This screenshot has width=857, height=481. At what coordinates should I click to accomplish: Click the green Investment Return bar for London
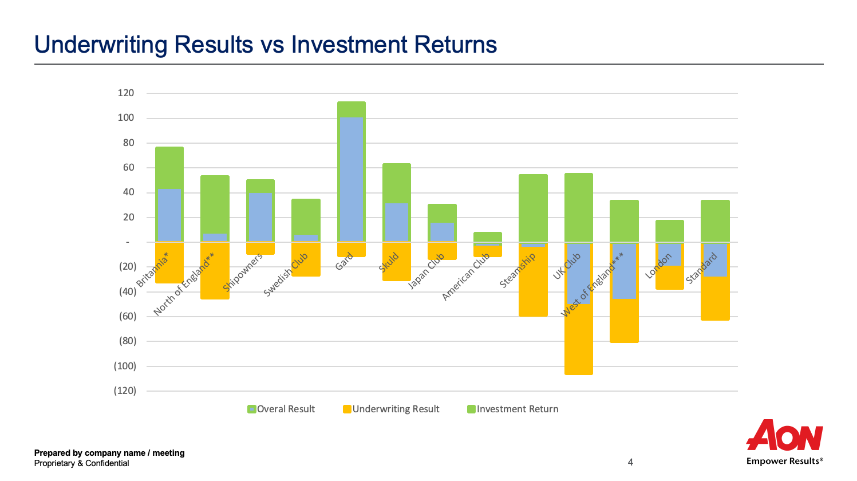coord(669,230)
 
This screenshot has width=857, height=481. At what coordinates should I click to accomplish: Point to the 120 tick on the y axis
coord(126,93)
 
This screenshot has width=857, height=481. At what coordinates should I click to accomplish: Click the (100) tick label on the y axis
coord(125,366)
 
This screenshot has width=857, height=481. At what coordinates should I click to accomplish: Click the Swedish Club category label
coord(286,275)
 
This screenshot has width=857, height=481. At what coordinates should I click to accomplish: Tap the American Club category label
coord(465,277)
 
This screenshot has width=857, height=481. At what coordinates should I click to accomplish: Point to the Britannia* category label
coord(153,269)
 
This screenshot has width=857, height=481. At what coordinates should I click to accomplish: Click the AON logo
coord(785,436)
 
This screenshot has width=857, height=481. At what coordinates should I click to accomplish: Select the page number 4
coord(630,462)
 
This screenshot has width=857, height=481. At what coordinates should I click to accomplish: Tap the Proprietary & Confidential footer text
coord(82,463)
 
